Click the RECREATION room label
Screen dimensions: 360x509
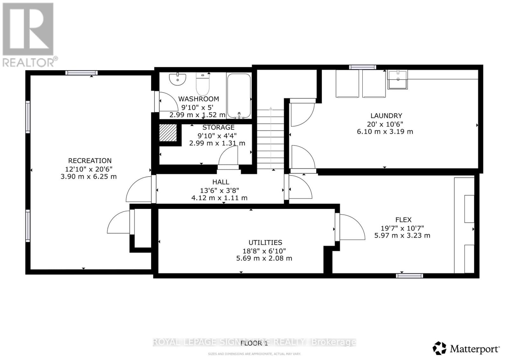click(90, 161)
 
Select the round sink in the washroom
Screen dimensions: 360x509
click(177, 79)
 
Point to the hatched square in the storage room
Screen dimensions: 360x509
click(168, 133)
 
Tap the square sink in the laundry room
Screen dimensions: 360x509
click(397, 80)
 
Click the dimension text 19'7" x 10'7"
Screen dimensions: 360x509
click(402, 228)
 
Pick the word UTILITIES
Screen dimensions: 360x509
click(265, 243)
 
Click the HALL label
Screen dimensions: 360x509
click(220, 182)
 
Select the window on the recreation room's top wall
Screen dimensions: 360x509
click(81, 73)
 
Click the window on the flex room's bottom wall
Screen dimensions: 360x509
click(409, 275)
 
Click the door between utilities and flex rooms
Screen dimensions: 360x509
click(350, 227)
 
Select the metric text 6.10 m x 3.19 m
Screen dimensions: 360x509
click(385, 131)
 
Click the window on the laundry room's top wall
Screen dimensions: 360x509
click(362, 67)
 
